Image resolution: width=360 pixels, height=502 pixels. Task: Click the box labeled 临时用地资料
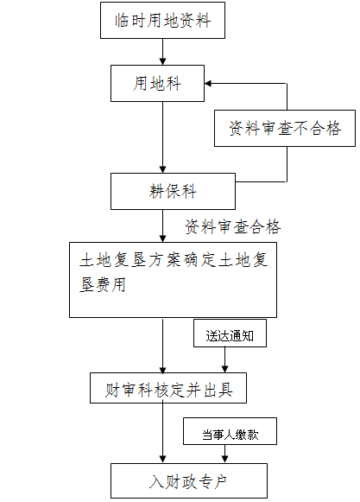(162, 20)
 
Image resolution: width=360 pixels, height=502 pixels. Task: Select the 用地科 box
(157, 84)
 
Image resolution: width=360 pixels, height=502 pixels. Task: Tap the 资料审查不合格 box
(285, 129)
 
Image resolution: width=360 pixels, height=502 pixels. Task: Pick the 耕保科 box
(173, 192)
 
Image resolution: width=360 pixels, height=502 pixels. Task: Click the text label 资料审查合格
(233, 226)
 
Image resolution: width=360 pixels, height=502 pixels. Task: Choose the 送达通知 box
(230, 334)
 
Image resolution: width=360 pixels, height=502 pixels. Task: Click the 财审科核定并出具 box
(168, 388)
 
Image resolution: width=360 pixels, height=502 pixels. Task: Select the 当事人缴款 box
(230, 431)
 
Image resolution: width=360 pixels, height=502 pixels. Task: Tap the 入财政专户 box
(189, 481)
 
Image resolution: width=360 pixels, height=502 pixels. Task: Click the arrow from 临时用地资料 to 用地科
(162, 52)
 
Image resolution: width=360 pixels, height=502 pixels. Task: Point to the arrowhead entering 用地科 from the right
(208, 84)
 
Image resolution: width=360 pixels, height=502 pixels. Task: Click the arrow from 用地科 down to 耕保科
(162, 137)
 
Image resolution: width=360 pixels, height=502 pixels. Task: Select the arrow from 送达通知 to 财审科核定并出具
(224, 359)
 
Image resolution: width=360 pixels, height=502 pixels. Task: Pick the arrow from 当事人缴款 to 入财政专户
(224, 454)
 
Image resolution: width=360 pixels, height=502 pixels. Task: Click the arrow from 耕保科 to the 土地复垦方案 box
(162, 226)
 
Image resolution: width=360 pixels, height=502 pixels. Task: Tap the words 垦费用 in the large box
(103, 284)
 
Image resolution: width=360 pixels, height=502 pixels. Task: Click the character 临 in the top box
(122, 21)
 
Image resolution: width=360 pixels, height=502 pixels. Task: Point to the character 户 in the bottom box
(220, 481)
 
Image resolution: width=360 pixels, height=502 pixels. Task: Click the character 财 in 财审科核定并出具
(112, 390)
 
